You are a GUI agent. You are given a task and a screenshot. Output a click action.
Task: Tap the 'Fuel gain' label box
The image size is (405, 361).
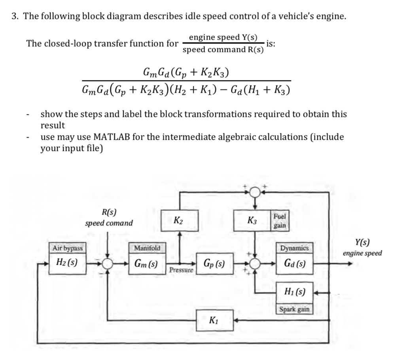(x=280, y=221)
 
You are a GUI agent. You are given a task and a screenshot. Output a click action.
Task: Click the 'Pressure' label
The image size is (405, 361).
(x=181, y=271)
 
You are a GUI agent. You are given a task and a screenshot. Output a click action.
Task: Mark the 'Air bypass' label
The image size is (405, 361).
(x=68, y=248)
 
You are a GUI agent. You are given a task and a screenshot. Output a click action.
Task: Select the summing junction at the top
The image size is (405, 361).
(x=255, y=192)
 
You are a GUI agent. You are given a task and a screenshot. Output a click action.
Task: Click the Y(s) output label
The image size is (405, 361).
(x=362, y=243)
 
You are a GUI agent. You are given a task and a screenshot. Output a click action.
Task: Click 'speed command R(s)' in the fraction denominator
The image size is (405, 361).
(x=223, y=50)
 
